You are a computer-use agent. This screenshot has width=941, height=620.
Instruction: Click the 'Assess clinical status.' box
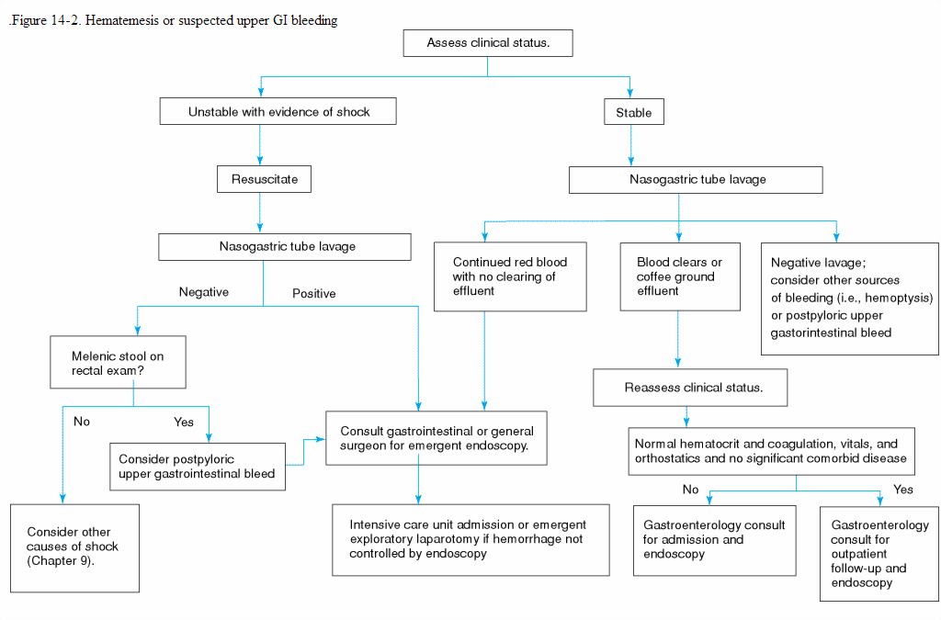tap(488, 43)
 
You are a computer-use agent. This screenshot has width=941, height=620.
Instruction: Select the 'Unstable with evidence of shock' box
tap(278, 112)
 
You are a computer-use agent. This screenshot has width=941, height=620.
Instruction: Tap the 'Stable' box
tap(633, 113)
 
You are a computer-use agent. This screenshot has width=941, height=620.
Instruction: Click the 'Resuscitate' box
tap(264, 179)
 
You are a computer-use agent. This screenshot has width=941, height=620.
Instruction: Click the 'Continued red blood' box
tap(510, 276)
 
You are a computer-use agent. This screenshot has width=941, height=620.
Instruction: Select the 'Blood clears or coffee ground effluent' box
tap(678, 276)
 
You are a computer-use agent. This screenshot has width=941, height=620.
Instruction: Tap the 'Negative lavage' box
tap(850, 299)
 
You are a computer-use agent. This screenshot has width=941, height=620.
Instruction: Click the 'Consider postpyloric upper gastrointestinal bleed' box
tap(197, 468)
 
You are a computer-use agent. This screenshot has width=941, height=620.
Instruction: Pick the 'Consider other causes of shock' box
tap(74, 547)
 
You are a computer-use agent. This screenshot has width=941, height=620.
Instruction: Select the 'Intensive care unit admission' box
tap(470, 539)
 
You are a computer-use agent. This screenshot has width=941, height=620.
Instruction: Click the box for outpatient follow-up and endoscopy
tap(879, 554)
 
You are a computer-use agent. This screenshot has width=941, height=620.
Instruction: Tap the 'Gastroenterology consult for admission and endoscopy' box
tap(715, 540)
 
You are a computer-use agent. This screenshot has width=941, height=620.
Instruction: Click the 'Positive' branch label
tap(313, 294)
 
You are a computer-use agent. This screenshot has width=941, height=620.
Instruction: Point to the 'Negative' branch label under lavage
tap(203, 292)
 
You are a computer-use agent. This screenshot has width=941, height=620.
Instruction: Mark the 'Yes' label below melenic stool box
tap(184, 423)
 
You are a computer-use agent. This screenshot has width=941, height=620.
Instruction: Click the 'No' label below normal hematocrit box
tap(690, 490)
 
